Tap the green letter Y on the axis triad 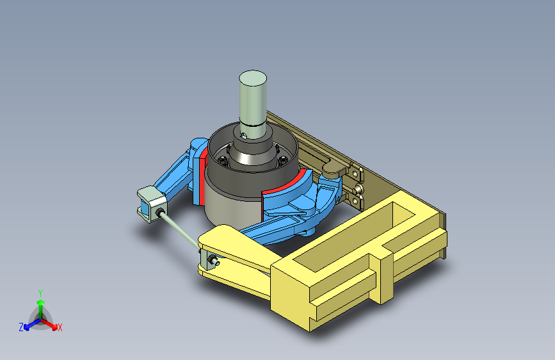pos(40,293)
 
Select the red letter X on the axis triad pos(60,327)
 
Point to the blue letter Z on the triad pos(21,327)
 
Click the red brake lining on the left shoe pos(202,176)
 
